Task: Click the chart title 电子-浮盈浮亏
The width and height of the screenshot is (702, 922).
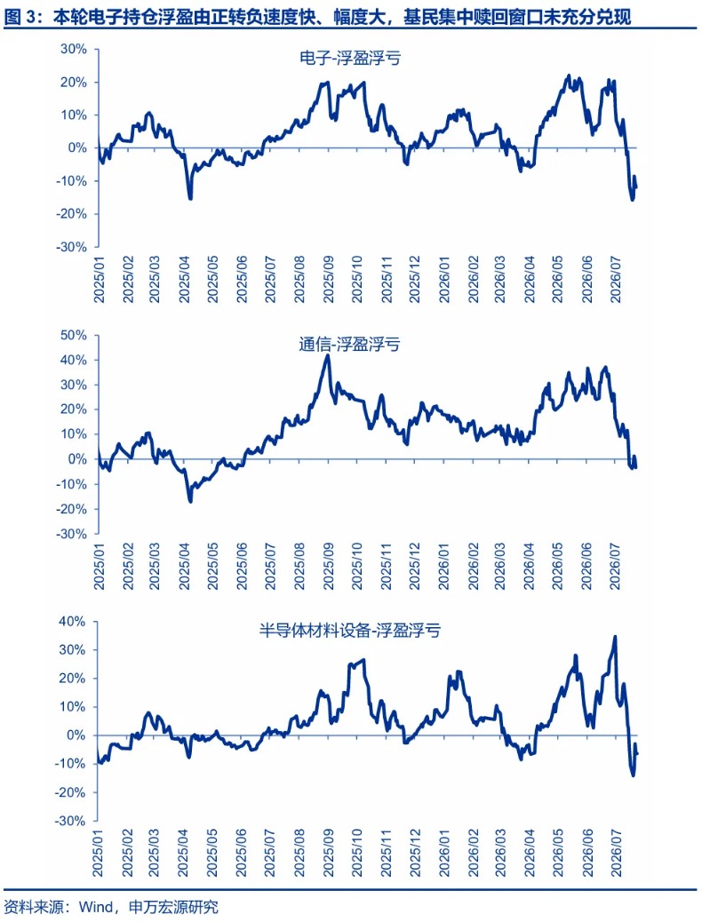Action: click(350, 58)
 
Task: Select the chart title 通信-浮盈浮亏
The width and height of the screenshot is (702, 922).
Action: click(349, 344)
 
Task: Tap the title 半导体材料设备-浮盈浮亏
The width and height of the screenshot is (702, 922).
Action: click(349, 631)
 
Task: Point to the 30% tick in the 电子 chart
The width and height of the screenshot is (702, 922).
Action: click(73, 50)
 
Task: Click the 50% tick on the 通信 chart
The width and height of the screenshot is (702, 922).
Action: click(73, 335)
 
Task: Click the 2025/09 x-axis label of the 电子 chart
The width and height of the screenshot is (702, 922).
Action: click(329, 279)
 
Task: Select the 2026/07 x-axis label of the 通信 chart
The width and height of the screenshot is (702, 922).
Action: click(616, 566)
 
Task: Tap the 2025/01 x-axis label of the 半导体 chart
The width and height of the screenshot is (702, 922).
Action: click(99, 853)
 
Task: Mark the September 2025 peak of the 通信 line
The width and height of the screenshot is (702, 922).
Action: click(328, 354)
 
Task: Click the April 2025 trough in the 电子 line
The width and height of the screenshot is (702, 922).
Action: click(190, 198)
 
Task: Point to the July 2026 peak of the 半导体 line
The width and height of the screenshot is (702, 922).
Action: click(616, 636)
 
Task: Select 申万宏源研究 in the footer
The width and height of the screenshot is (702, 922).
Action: click(173, 907)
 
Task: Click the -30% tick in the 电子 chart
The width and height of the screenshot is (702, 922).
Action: click(71, 247)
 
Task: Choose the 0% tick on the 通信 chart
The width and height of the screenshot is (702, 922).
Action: click(77, 459)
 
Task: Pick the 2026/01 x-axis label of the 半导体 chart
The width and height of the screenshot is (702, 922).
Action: click(444, 853)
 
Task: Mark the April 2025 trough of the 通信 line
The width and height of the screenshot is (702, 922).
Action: click(190, 501)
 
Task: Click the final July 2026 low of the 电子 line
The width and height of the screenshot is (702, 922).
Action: click(633, 200)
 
